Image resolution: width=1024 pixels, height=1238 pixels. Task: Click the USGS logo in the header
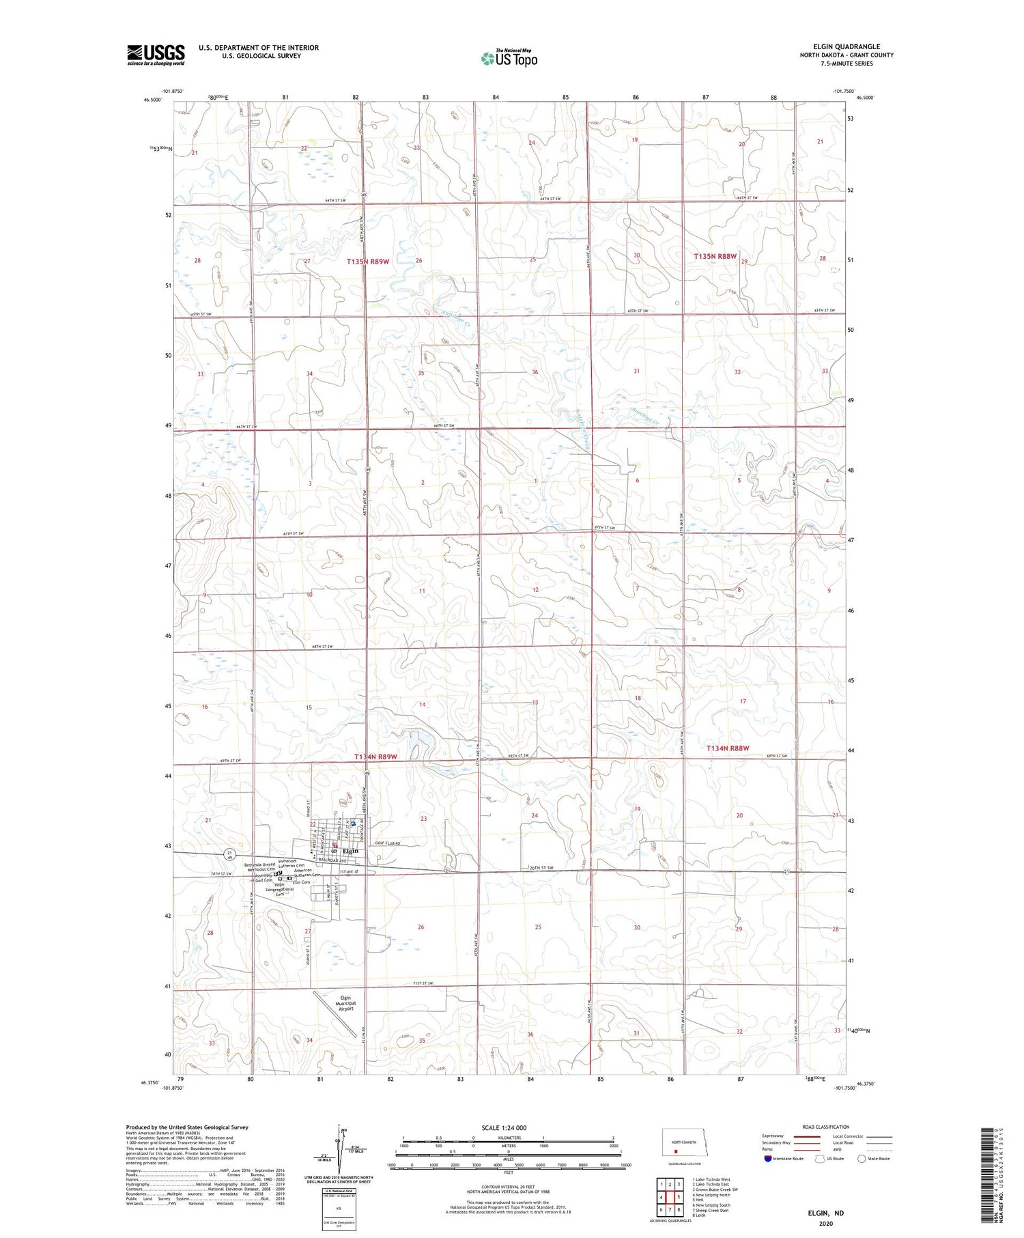point(156,54)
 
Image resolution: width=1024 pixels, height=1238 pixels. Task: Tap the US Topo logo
point(509,59)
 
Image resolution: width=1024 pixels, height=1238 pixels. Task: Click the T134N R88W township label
point(727,748)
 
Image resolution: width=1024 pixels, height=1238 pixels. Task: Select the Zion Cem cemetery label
point(301,882)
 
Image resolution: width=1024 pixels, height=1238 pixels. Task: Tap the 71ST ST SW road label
point(424,983)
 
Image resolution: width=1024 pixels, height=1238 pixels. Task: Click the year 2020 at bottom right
point(825,1223)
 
